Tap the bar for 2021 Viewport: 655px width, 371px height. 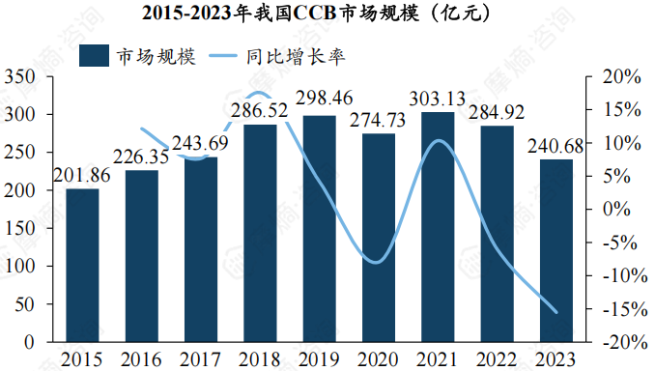[x=438, y=227]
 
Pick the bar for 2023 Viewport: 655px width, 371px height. [x=556, y=250]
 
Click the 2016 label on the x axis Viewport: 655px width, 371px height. [x=141, y=359]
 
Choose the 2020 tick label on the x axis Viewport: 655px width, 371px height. [x=379, y=359]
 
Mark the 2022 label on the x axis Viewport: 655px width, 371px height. [x=498, y=359]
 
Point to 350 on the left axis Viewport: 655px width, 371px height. [x=21, y=76]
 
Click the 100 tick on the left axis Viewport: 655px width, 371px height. [x=21, y=266]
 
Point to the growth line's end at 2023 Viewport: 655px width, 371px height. [x=556, y=312]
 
